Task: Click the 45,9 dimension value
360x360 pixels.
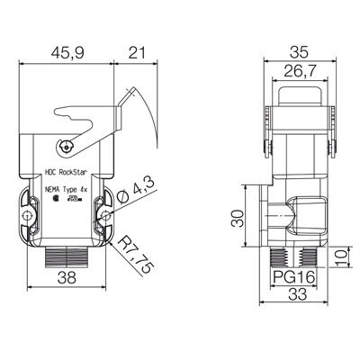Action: point(67,53)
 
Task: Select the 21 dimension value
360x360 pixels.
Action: point(137,53)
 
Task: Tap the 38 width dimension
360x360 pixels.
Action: point(67,278)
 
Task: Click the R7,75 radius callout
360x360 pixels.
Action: point(136,255)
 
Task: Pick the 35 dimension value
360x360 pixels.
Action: point(299,52)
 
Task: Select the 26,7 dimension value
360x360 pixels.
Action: point(300,71)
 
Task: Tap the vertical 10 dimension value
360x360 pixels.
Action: point(341,258)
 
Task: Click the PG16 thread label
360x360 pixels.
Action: point(294,277)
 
